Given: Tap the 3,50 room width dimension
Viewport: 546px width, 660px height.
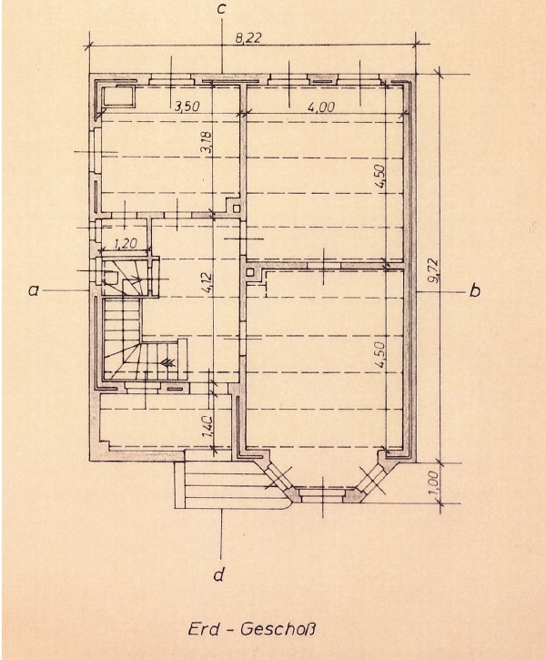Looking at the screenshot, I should (187, 106).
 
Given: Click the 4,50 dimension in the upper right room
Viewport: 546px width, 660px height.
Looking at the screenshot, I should (380, 176).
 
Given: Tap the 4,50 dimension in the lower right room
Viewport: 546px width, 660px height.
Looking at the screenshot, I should (380, 356).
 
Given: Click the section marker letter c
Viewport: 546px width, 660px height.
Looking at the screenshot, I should (221, 10).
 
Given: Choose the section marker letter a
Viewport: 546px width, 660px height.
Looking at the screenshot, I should (34, 290).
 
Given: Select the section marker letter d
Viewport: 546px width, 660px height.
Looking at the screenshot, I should (219, 574).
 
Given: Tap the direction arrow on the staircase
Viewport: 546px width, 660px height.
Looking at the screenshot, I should (167, 363).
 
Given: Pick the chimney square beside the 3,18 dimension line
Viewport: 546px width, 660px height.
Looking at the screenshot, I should (238, 208).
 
